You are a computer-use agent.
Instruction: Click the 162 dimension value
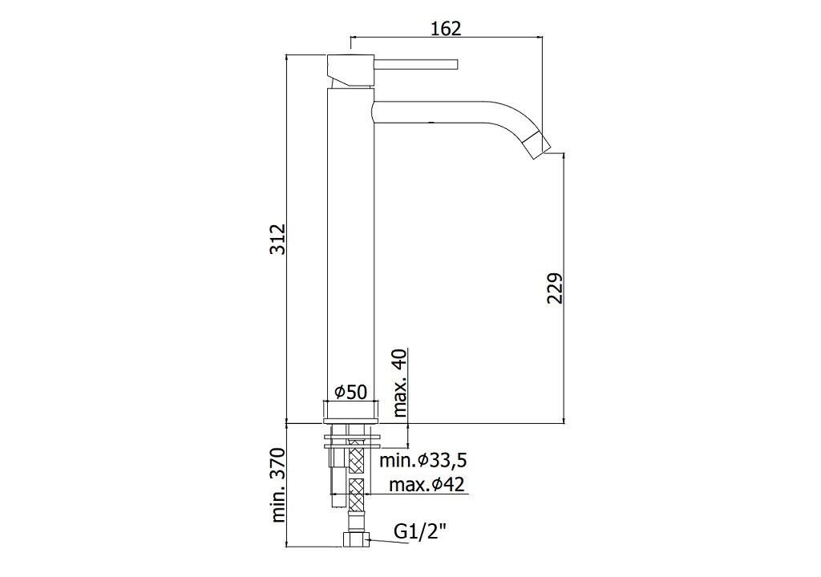coord(446,28)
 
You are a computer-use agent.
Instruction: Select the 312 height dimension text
coord(278,240)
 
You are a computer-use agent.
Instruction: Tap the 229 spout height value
coord(555,288)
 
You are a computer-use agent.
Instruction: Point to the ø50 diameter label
coord(351,391)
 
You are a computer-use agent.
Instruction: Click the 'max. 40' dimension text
coord(399,383)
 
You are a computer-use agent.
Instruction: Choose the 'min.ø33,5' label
coord(423,461)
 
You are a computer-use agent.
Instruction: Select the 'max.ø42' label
coord(427,485)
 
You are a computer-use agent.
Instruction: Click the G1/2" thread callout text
coord(420,532)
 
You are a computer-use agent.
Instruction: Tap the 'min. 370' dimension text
coord(278,485)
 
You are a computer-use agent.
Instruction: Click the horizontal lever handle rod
coord(416,64)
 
